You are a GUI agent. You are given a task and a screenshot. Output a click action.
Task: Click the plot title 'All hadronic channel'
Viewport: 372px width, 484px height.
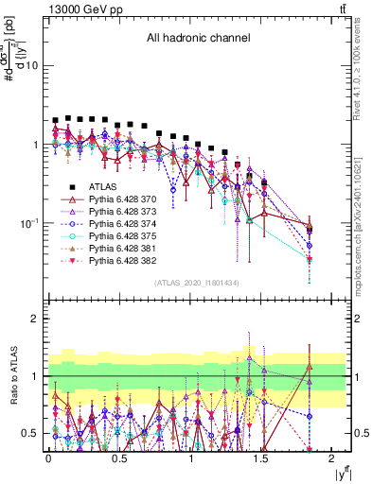click(197, 39)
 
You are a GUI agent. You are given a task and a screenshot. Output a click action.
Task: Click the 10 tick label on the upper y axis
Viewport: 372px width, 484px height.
click(31, 66)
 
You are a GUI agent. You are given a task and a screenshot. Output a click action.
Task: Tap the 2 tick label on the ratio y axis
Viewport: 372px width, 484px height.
click(35, 320)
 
